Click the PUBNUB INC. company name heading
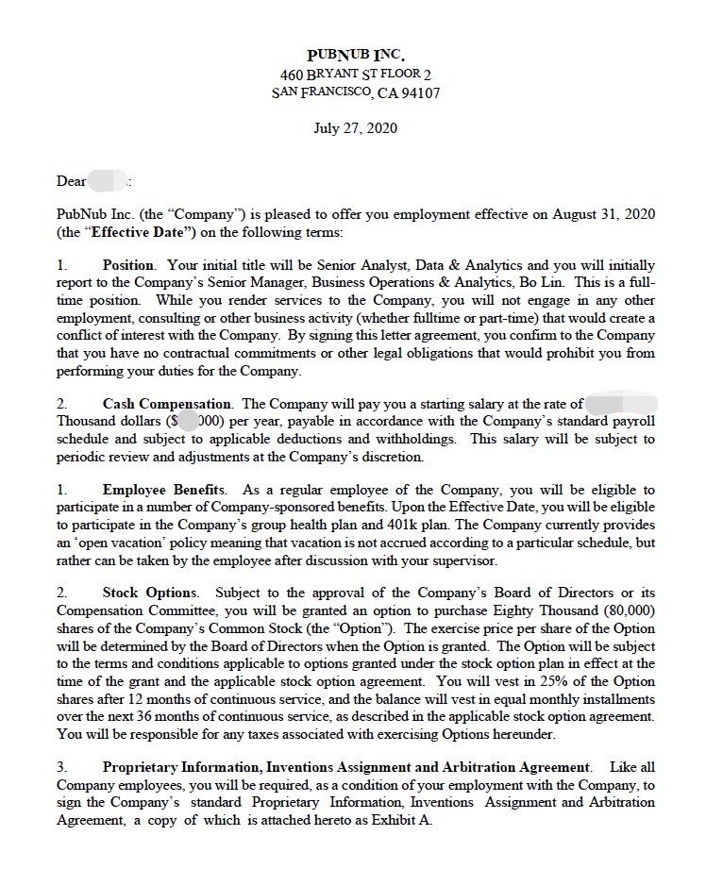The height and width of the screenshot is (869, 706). click(x=355, y=56)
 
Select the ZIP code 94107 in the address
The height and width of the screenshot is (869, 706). click(x=420, y=93)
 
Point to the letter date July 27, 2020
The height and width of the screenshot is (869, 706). click(x=355, y=128)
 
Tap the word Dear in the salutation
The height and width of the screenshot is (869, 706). click(x=71, y=181)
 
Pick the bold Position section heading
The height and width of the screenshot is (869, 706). click(x=126, y=266)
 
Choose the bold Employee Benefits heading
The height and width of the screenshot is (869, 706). click(x=164, y=491)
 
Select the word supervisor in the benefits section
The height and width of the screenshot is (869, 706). click(x=462, y=560)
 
